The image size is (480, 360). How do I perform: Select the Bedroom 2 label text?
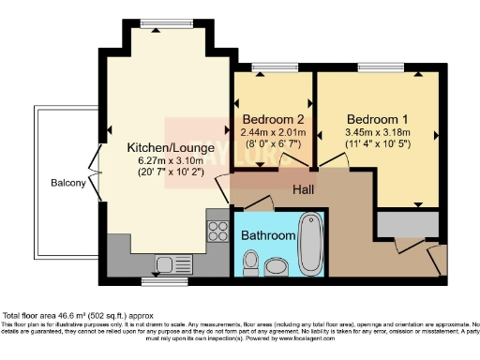273,120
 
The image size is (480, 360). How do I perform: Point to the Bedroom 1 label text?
377,120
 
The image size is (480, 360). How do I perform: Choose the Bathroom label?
267,235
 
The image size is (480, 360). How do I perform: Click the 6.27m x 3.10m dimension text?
165,160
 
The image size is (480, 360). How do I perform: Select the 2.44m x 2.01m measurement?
273,132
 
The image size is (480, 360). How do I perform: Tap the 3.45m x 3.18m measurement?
377,132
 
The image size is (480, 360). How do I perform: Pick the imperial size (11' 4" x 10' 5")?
377,145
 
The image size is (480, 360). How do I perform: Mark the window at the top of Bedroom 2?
273,68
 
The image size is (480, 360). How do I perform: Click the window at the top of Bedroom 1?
376,68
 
